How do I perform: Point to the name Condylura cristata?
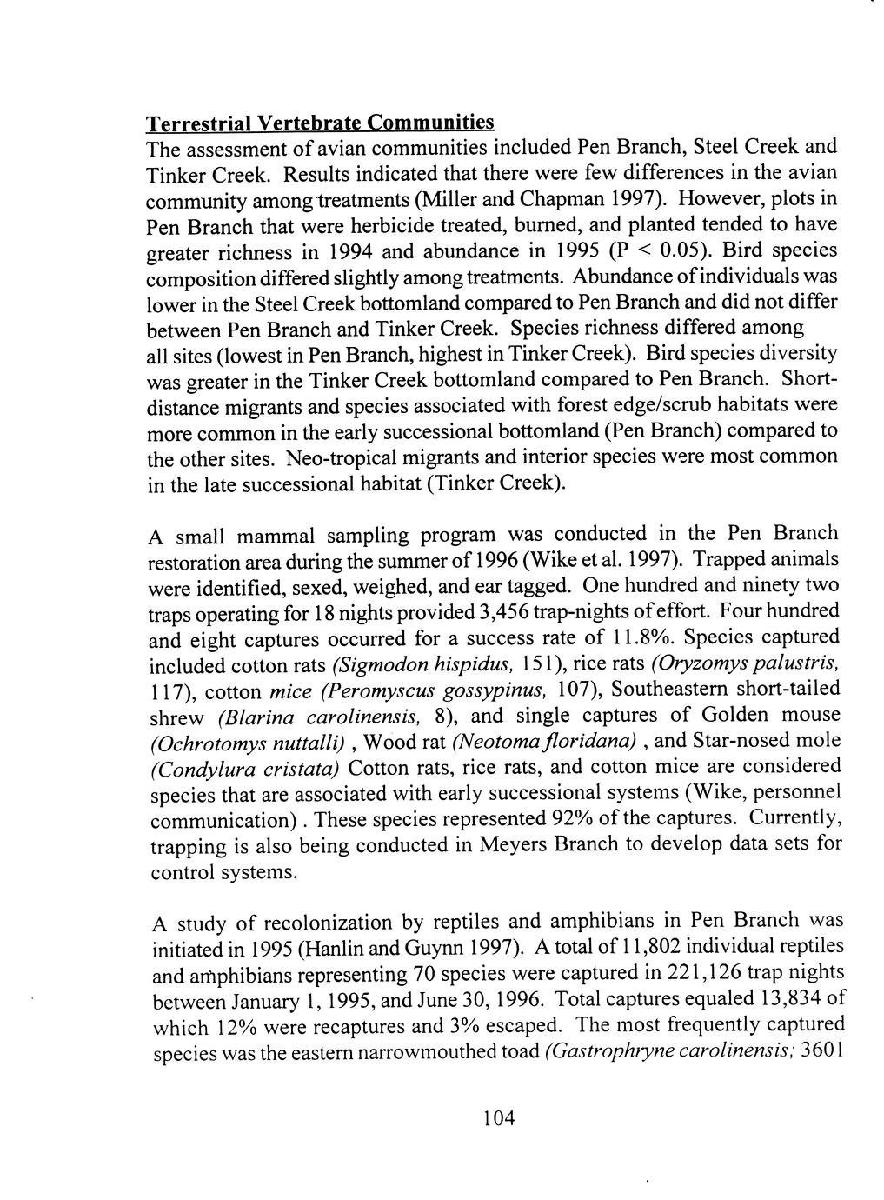click(246, 770)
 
